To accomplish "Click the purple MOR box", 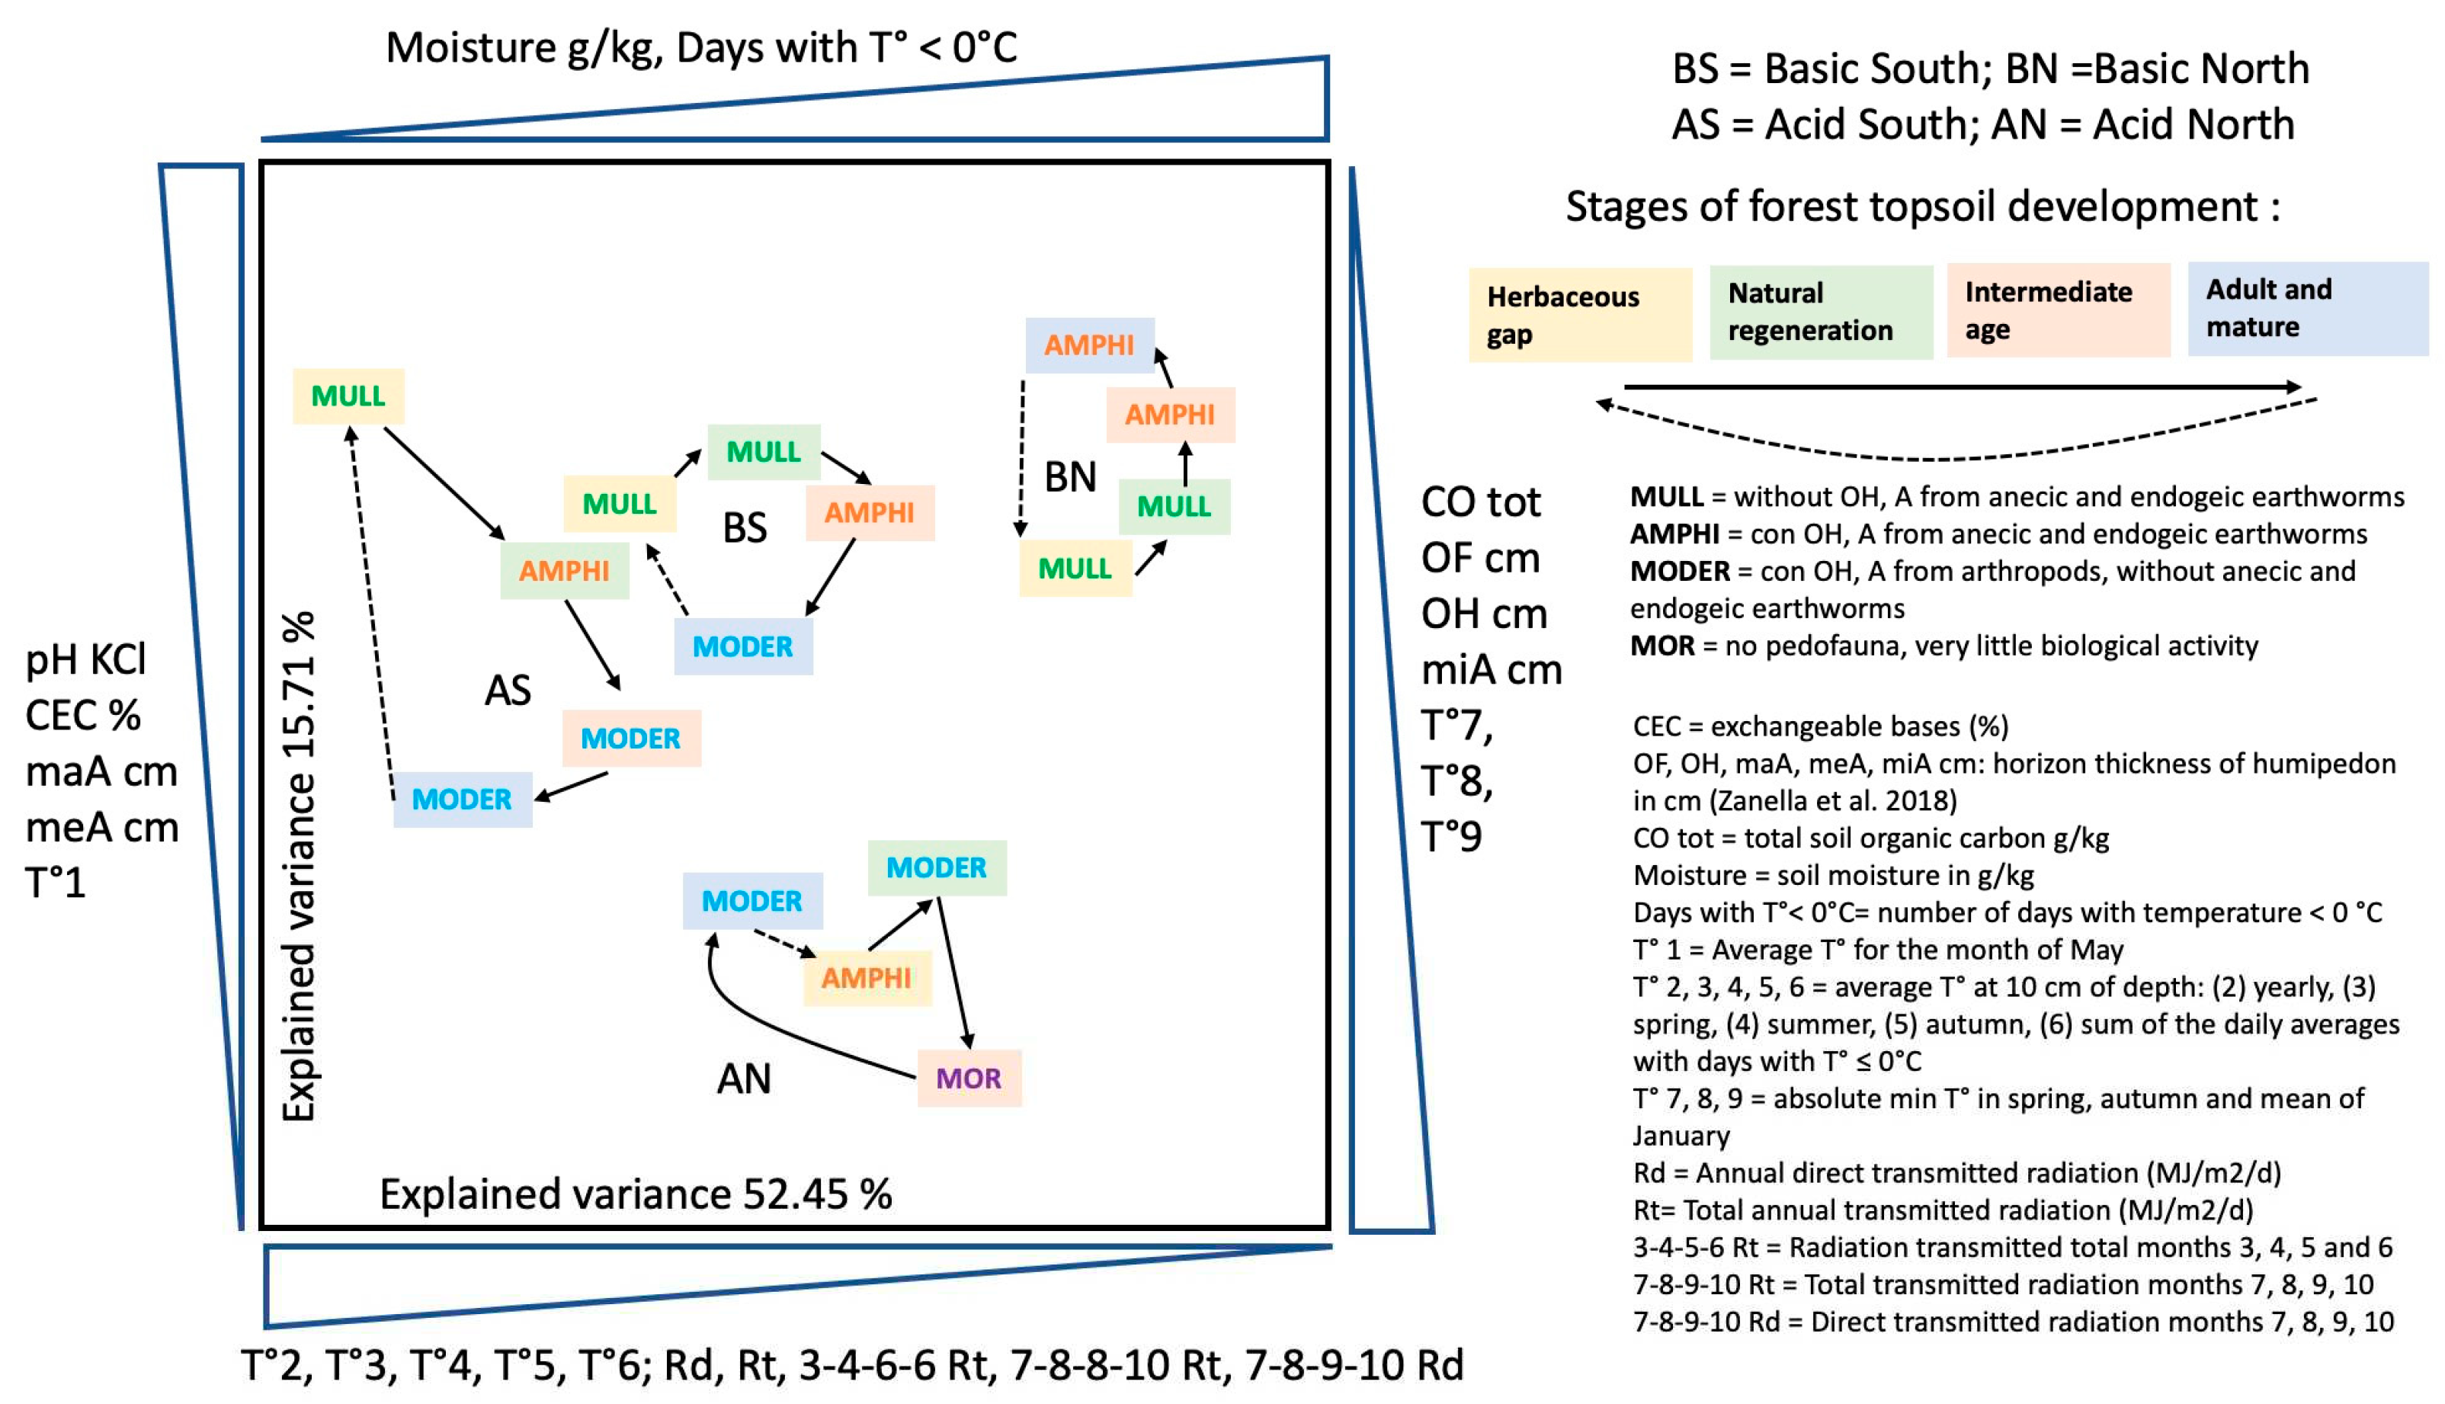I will (968, 1077).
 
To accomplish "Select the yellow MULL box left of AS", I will (348, 396).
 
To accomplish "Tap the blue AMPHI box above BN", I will (1089, 345).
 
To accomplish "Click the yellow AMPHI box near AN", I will (867, 978).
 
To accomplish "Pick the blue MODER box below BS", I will (742, 646).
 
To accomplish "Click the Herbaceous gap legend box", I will (1579, 316).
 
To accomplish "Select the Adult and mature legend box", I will (2307, 309).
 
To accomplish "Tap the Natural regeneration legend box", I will (1820, 313).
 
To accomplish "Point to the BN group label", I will (1070, 476).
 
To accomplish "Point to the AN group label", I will (743, 1078).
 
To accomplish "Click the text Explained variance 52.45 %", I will (636, 1194).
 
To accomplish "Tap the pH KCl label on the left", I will (86, 659).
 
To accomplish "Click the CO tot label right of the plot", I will (1480, 502).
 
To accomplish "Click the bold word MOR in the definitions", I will (1662, 645).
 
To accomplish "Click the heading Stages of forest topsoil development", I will (1921, 207).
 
